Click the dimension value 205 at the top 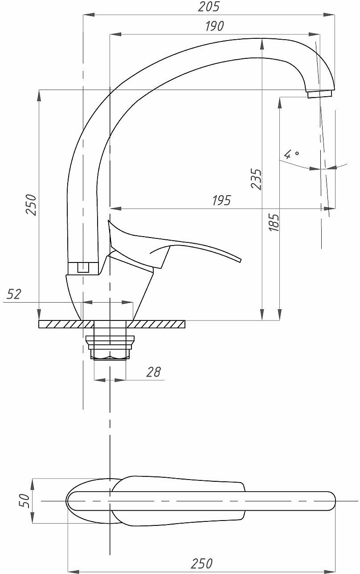click(209, 7)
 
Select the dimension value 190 click(214, 26)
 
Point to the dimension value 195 click(221, 201)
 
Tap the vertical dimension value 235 click(256, 179)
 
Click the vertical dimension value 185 click(274, 222)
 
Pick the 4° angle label click(292, 154)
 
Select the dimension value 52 click(14, 294)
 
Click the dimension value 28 click(153, 372)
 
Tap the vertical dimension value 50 click(25, 500)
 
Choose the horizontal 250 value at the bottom click(202, 564)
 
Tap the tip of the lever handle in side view click(239, 259)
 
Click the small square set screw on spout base click(83, 267)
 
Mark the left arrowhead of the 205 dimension click(86, 15)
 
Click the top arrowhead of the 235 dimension click(262, 41)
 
